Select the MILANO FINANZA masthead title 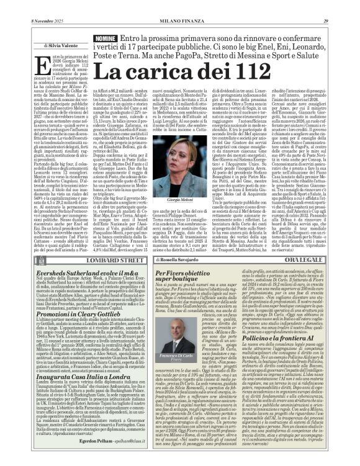coord(180,5)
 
